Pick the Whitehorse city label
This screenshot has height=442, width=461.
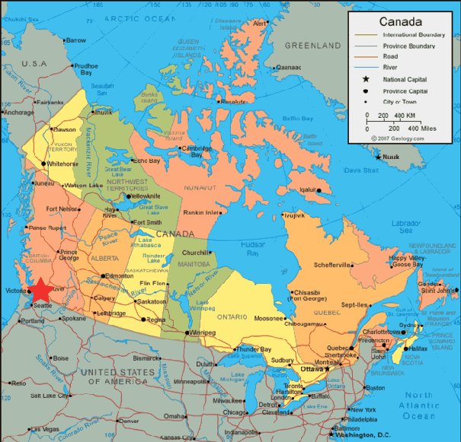(x=62, y=164)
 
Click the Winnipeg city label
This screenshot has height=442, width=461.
(x=204, y=332)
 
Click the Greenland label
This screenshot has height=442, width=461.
(x=313, y=46)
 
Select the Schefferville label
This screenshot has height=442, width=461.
(x=333, y=265)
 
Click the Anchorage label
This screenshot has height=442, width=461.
(x=19, y=113)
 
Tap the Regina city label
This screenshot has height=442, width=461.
(x=155, y=320)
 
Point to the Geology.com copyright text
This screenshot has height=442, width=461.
(x=398, y=138)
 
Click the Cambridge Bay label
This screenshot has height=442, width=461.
(x=196, y=151)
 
